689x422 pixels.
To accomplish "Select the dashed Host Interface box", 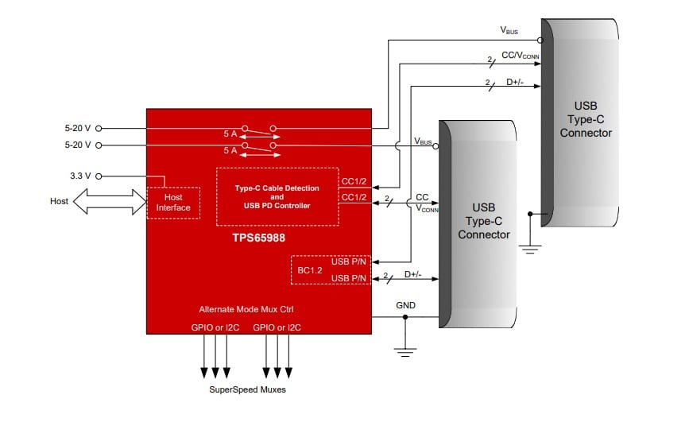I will [x=172, y=203].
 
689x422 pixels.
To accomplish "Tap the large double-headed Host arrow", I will [x=110, y=202].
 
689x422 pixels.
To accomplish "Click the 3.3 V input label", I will [x=80, y=176].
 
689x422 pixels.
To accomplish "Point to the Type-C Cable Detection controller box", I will [x=277, y=196].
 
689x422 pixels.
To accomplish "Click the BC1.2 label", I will [x=309, y=269].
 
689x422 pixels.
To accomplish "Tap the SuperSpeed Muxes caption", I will [x=246, y=389].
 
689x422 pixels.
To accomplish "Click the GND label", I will [x=405, y=305].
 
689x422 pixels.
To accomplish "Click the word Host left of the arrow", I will [x=59, y=202].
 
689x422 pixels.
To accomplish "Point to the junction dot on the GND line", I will [x=405, y=318].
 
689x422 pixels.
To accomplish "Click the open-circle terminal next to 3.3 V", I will [x=100, y=176].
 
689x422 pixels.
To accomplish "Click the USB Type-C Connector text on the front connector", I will [x=484, y=221].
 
